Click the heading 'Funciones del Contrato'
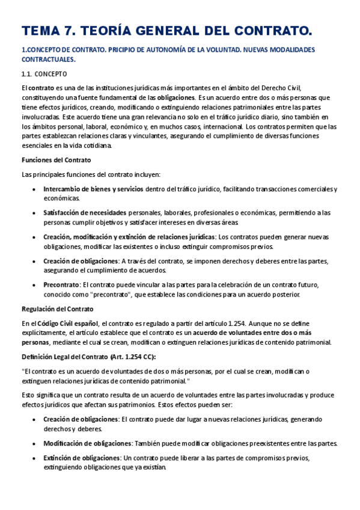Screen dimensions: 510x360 click(x=56, y=160)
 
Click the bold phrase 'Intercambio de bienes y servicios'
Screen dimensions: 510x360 click(x=93, y=189)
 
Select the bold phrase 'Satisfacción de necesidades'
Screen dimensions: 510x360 click(x=85, y=213)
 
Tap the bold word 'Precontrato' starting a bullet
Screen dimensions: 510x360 click(x=61, y=284)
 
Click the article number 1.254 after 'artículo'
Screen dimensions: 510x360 click(x=229, y=323)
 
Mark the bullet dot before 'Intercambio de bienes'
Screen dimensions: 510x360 click(x=32, y=189)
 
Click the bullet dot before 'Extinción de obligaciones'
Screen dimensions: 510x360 click(x=32, y=458)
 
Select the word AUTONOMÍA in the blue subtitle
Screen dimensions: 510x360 click(x=156, y=49)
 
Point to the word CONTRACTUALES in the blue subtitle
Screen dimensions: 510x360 click(x=48, y=60)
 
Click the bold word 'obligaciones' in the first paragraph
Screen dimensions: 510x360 click(x=175, y=97)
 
